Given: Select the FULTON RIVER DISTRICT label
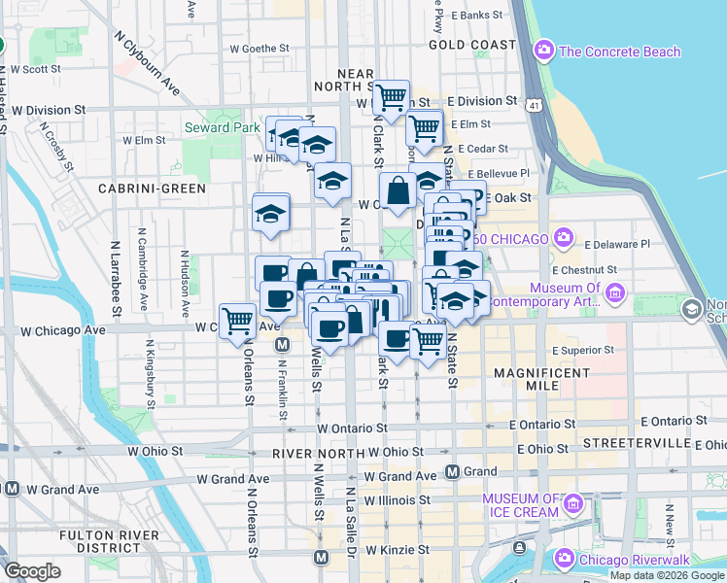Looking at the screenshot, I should click(x=103, y=543).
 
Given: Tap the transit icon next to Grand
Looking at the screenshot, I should click(x=452, y=472).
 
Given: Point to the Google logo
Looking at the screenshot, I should click(x=32, y=571).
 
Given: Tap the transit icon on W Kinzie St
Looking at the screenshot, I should click(x=321, y=557).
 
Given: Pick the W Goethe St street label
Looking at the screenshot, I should click(x=260, y=47).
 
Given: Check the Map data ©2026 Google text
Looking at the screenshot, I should click(x=667, y=575).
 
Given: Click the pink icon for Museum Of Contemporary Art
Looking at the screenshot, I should click(x=614, y=292).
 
